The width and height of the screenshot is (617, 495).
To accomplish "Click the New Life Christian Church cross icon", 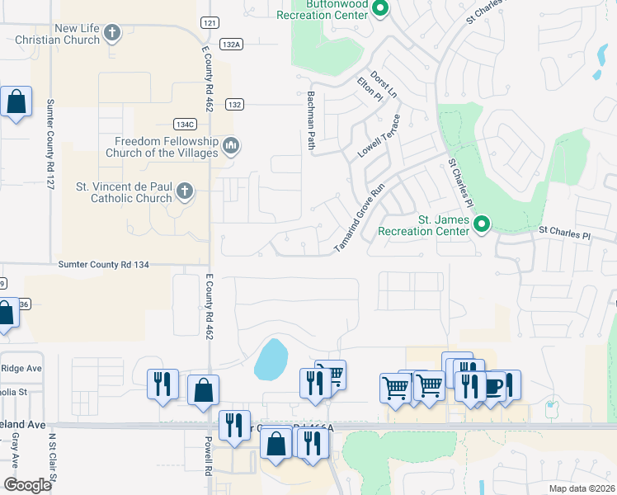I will tap(113, 34).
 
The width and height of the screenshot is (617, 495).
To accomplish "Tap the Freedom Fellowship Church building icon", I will tap(232, 147).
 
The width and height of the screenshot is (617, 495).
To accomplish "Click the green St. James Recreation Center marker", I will tap(483, 224).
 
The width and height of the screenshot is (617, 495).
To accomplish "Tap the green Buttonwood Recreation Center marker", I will tap(380, 10).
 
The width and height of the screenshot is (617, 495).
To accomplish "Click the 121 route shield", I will tap(210, 23).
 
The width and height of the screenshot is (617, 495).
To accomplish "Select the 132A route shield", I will tap(231, 45).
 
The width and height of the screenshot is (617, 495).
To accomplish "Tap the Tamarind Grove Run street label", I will tap(360, 218).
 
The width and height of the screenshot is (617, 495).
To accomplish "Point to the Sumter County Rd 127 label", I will tap(50, 144).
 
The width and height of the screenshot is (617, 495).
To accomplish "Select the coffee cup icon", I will tap(494, 386).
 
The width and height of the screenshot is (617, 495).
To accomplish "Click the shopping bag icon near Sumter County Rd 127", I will tap(16, 102).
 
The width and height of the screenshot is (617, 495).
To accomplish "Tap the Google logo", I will tap(27, 485).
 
